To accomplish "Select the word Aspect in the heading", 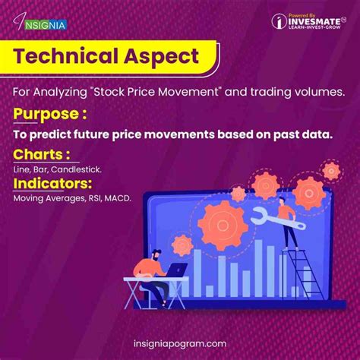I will (162, 55).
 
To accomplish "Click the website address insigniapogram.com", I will (179, 343).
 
